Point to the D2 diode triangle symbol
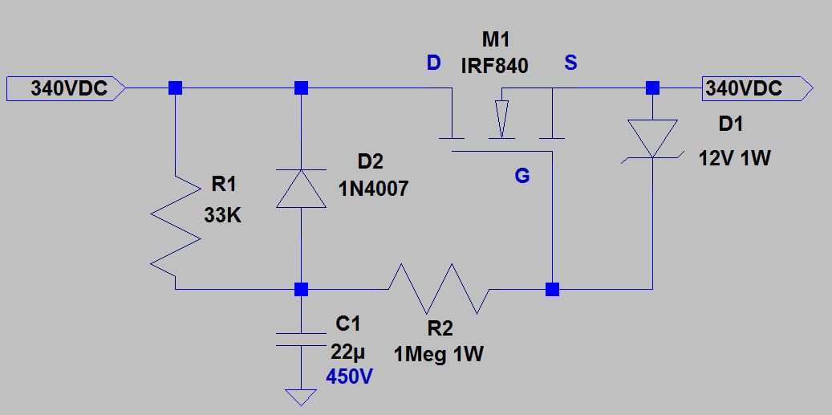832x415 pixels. pos(301,189)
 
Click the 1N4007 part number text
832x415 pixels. pos(371,189)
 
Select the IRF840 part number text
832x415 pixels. pos(494,67)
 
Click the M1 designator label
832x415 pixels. pos(495,41)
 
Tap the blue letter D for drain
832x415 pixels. pos(433,63)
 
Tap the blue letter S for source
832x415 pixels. pos(570,63)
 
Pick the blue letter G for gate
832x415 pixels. pos(522,176)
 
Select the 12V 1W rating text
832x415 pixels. pos(733,158)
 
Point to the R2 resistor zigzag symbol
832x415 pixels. pos(438,288)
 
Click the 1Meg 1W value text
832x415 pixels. pos(438,354)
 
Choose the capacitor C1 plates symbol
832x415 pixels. pos(301,339)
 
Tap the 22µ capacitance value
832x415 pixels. pos(347,352)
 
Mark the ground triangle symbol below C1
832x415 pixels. pos(301,397)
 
